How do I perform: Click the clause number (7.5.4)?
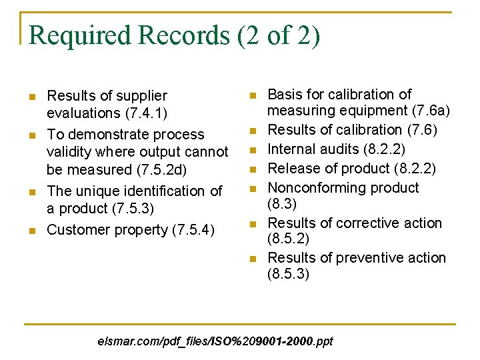point(193,229)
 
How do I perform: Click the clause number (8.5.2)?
point(288,239)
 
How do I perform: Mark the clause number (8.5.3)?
point(288,273)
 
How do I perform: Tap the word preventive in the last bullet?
point(361,257)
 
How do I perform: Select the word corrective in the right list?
point(360,223)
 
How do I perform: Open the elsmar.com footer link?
point(215,342)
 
